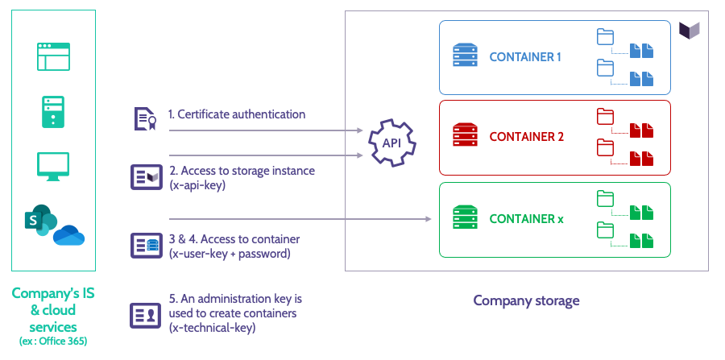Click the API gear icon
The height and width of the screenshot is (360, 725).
point(392,143)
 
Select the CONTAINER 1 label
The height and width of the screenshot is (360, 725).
point(524,57)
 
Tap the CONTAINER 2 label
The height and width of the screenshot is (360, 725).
point(526,136)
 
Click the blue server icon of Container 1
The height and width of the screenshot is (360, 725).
point(465,57)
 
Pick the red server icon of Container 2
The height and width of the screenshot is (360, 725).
point(465,136)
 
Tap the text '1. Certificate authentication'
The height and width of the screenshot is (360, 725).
point(237,114)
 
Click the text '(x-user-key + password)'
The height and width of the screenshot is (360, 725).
point(230,253)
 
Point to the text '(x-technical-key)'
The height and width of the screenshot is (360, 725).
point(213,327)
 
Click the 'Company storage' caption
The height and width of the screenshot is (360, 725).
point(526,301)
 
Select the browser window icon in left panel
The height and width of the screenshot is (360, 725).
point(54,57)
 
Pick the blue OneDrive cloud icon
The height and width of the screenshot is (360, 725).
point(68,236)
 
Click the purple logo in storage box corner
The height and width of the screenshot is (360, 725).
point(690,30)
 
